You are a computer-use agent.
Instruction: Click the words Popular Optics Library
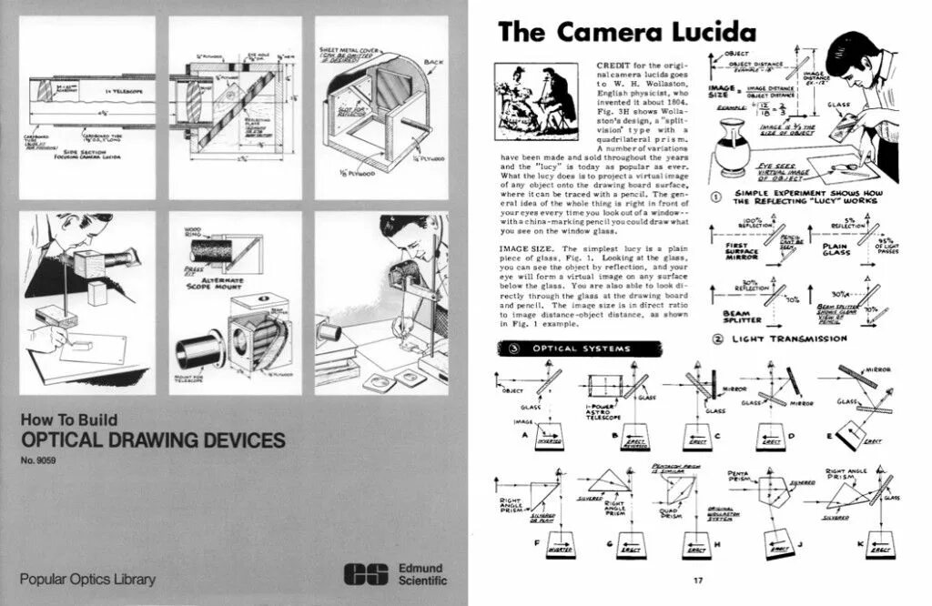pyautogui.click(x=87, y=579)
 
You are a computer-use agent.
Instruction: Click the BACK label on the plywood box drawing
pyautogui.click(x=433, y=62)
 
